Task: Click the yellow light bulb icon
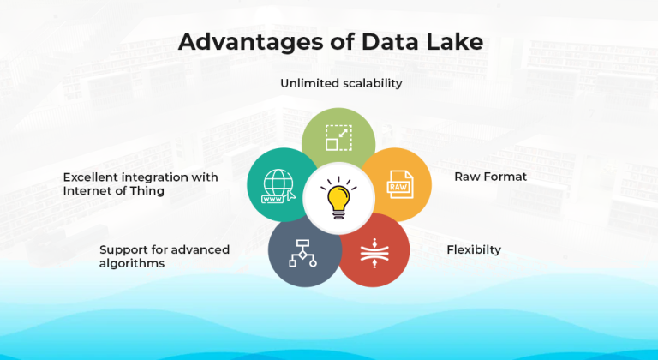[338, 199]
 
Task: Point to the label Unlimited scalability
[341, 83]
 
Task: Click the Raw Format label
[490, 177]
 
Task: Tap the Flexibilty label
[474, 250]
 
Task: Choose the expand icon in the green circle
[338, 138]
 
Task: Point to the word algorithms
[132, 264]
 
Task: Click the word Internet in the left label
[88, 191]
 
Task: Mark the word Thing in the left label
[147, 191]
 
